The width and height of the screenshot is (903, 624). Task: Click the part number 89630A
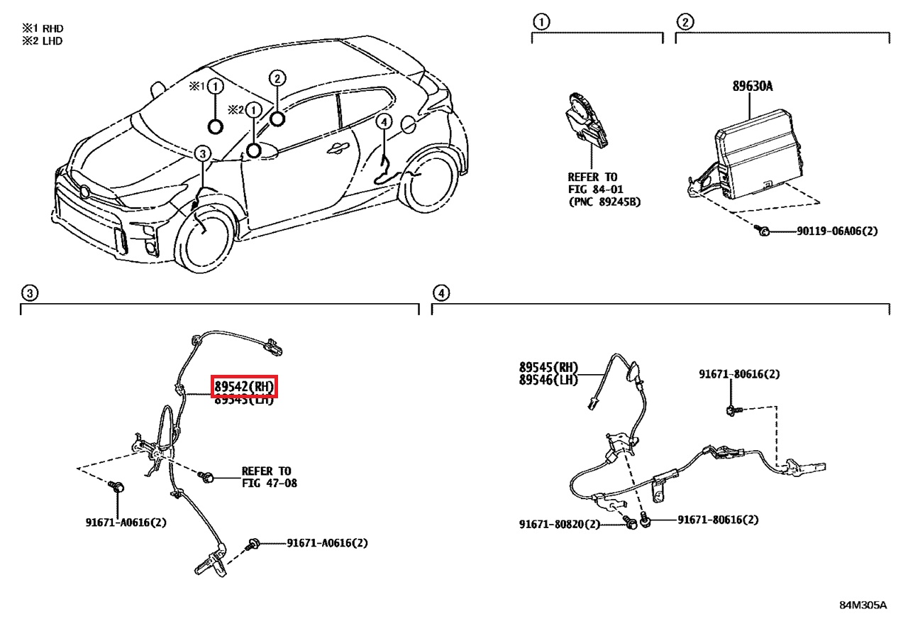[752, 87]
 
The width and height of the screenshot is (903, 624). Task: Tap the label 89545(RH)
[548, 368]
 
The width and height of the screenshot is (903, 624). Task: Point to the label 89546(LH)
[548, 380]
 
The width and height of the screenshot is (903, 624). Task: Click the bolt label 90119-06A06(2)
[826, 231]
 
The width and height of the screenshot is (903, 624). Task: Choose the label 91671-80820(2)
[559, 525]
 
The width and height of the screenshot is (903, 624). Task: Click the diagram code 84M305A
[863, 606]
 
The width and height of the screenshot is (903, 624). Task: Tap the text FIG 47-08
[270, 483]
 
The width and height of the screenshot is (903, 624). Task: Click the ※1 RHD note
[42, 28]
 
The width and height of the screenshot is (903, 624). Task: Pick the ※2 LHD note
[42, 41]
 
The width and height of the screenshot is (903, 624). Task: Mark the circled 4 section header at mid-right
[441, 292]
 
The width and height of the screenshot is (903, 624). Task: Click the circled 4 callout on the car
[383, 122]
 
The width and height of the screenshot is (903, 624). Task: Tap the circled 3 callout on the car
[202, 153]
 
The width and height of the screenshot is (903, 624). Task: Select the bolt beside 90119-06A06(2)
[762, 231]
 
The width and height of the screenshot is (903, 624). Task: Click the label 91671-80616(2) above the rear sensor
[738, 374]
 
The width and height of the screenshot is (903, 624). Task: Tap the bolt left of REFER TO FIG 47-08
[208, 477]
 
